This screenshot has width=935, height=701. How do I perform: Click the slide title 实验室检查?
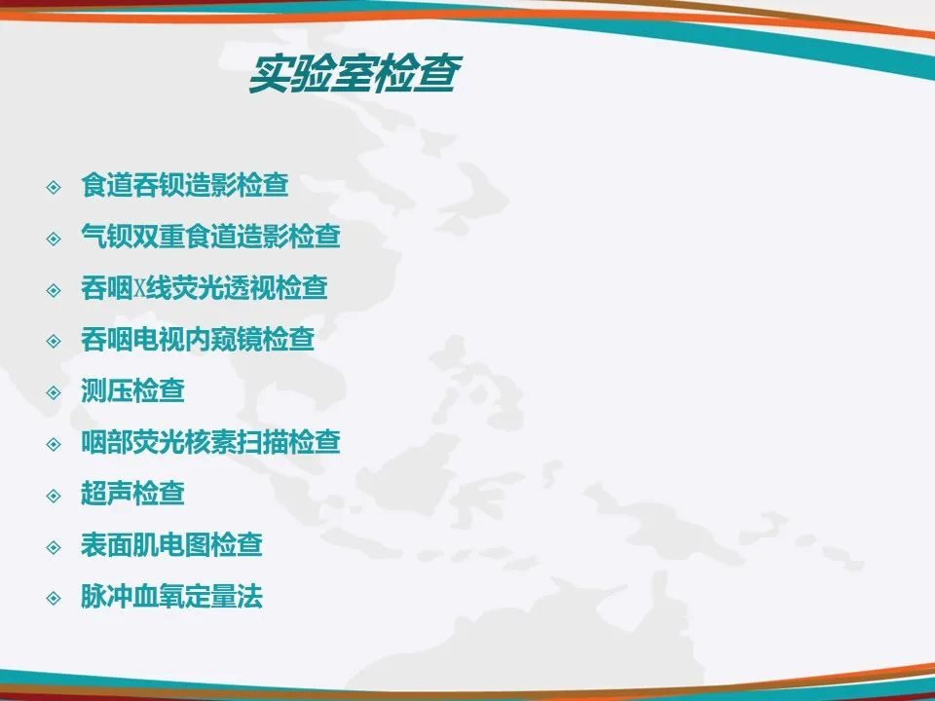(x=355, y=74)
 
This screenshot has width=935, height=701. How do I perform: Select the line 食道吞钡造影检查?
(x=185, y=185)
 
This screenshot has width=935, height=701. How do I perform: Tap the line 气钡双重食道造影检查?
(x=210, y=236)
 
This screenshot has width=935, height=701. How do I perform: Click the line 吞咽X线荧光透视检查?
(x=204, y=288)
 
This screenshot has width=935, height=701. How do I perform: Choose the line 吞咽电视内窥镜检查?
(x=198, y=339)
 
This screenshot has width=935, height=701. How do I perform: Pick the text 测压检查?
(x=132, y=390)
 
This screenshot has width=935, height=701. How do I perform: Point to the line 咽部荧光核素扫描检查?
(x=210, y=442)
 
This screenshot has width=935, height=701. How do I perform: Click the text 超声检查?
(x=132, y=494)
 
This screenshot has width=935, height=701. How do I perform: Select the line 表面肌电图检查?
(x=171, y=545)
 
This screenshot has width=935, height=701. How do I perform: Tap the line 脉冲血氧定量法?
(x=171, y=596)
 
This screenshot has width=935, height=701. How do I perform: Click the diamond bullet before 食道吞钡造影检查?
(x=54, y=187)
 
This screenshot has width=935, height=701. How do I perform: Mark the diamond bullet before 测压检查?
(x=54, y=392)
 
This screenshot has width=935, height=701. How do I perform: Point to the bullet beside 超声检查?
(x=54, y=496)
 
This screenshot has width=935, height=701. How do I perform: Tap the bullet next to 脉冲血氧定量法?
(x=54, y=599)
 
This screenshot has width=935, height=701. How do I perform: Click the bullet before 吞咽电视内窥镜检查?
(x=54, y=342)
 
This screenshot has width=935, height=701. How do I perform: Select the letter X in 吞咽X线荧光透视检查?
(x=139, y=289)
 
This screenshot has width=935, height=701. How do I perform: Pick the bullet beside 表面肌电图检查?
(x=54, y=547)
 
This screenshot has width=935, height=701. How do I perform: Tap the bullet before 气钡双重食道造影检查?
(x=54, y=240)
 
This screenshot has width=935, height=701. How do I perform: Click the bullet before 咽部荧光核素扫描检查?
(x=54, y=445)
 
